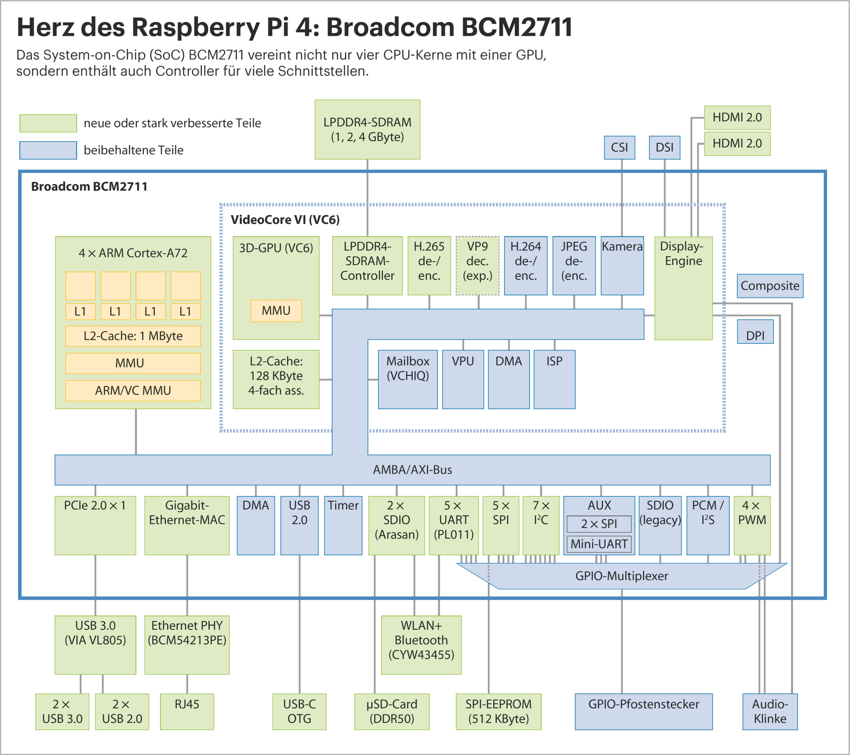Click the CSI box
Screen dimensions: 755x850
(619, 147)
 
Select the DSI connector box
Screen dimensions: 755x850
(664, 147)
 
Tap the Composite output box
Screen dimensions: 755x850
(770, 286)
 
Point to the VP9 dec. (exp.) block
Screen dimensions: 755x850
(477, 265)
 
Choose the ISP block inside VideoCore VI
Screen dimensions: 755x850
(554, 379)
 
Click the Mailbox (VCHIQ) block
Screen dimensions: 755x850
(408, 379)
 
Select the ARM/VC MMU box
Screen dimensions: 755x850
(133, 390)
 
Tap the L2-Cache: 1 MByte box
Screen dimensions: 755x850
(133, 336)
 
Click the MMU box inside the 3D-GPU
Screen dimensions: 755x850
(276, 311)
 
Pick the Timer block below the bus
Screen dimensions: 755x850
(343, 525)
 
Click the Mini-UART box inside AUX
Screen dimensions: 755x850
(599, 544)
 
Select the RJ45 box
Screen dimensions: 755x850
(187, 711)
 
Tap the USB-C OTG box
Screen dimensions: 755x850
(299, 711)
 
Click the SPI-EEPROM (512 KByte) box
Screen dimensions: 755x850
(498, 711)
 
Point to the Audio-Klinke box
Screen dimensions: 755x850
(770, 711)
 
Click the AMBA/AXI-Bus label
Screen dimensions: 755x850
(412, 470)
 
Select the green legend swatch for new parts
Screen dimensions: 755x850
(48, 123)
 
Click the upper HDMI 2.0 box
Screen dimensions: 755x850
(737, 118)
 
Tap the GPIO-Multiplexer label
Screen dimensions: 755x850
(621, 576)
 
